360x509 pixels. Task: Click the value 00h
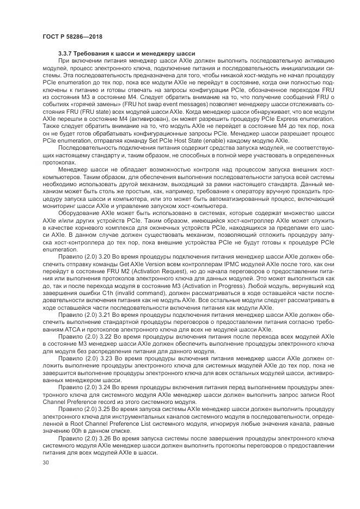pyautogui.click(x=65, y=430)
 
